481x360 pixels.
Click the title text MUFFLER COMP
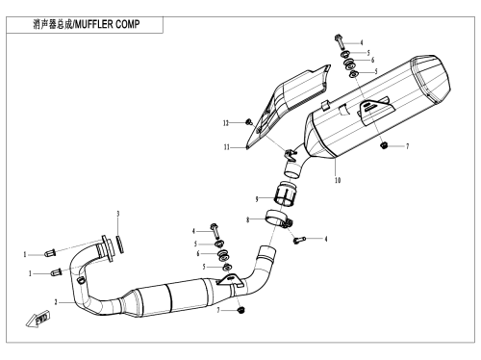[108, 24]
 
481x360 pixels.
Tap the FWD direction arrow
[38, 320]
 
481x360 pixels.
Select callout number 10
[338, 180]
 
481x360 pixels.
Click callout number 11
[227, 147]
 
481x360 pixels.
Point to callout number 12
[226, 123]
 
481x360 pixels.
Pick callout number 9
[257, 199]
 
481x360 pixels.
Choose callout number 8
[247, 219]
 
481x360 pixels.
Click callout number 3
[118, 214]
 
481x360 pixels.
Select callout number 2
[56, 302]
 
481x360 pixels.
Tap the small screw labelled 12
[249, 122]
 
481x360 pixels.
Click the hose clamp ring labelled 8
[278, 219]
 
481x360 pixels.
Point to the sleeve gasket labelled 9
[285, 193]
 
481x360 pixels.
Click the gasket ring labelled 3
[120, 244]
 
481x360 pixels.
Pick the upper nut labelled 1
[50, 253]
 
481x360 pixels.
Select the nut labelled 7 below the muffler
[383, 145]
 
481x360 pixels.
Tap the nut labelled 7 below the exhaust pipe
[241, 310]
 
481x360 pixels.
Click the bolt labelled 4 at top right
[339, 41]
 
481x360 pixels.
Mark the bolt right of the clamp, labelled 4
[299, 240]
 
